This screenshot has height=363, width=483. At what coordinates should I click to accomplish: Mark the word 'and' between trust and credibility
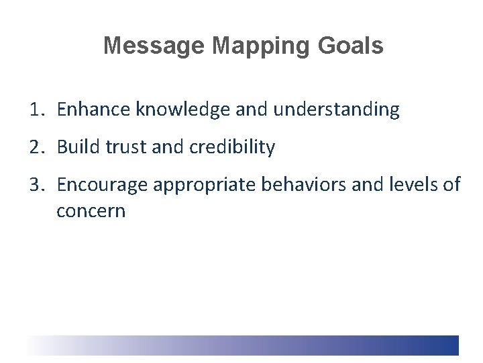click(x=166, y=147)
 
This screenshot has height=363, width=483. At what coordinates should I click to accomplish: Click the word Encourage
click(x=101, y=185)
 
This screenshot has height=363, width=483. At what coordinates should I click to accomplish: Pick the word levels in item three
click(x=407, y=185)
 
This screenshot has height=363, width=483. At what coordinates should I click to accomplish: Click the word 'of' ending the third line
click(x=451, y=185)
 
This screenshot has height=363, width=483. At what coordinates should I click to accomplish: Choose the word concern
click(x=91, y=211)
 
